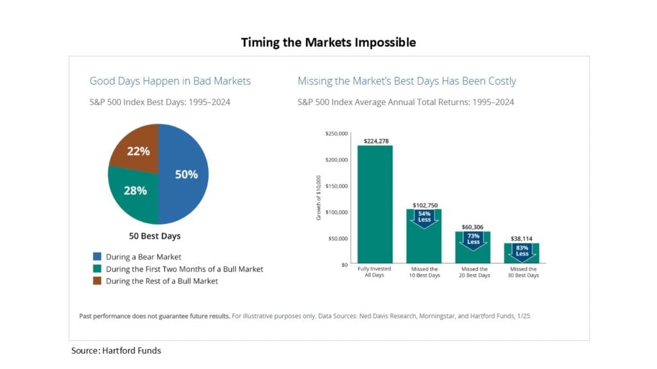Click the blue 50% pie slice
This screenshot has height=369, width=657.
tap(185, 174)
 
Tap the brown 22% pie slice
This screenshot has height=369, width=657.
tap(139, 151)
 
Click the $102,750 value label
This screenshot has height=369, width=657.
tap(423, 205)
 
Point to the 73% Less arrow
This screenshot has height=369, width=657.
tap(474, 239)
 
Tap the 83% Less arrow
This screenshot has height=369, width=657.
tap(522, 250)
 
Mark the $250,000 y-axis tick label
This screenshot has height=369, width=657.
tap(337, 134)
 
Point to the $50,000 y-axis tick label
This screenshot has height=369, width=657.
tap(338, 238)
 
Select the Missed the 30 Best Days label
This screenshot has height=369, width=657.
tap(522, 272)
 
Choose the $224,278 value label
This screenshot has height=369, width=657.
tap(376, 141)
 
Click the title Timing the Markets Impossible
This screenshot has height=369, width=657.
tap(328, 42)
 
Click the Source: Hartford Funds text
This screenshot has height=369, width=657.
tap(116, 350)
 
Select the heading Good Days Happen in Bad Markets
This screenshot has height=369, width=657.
tap(170, 81)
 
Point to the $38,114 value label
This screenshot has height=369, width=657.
tap(522, 238)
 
